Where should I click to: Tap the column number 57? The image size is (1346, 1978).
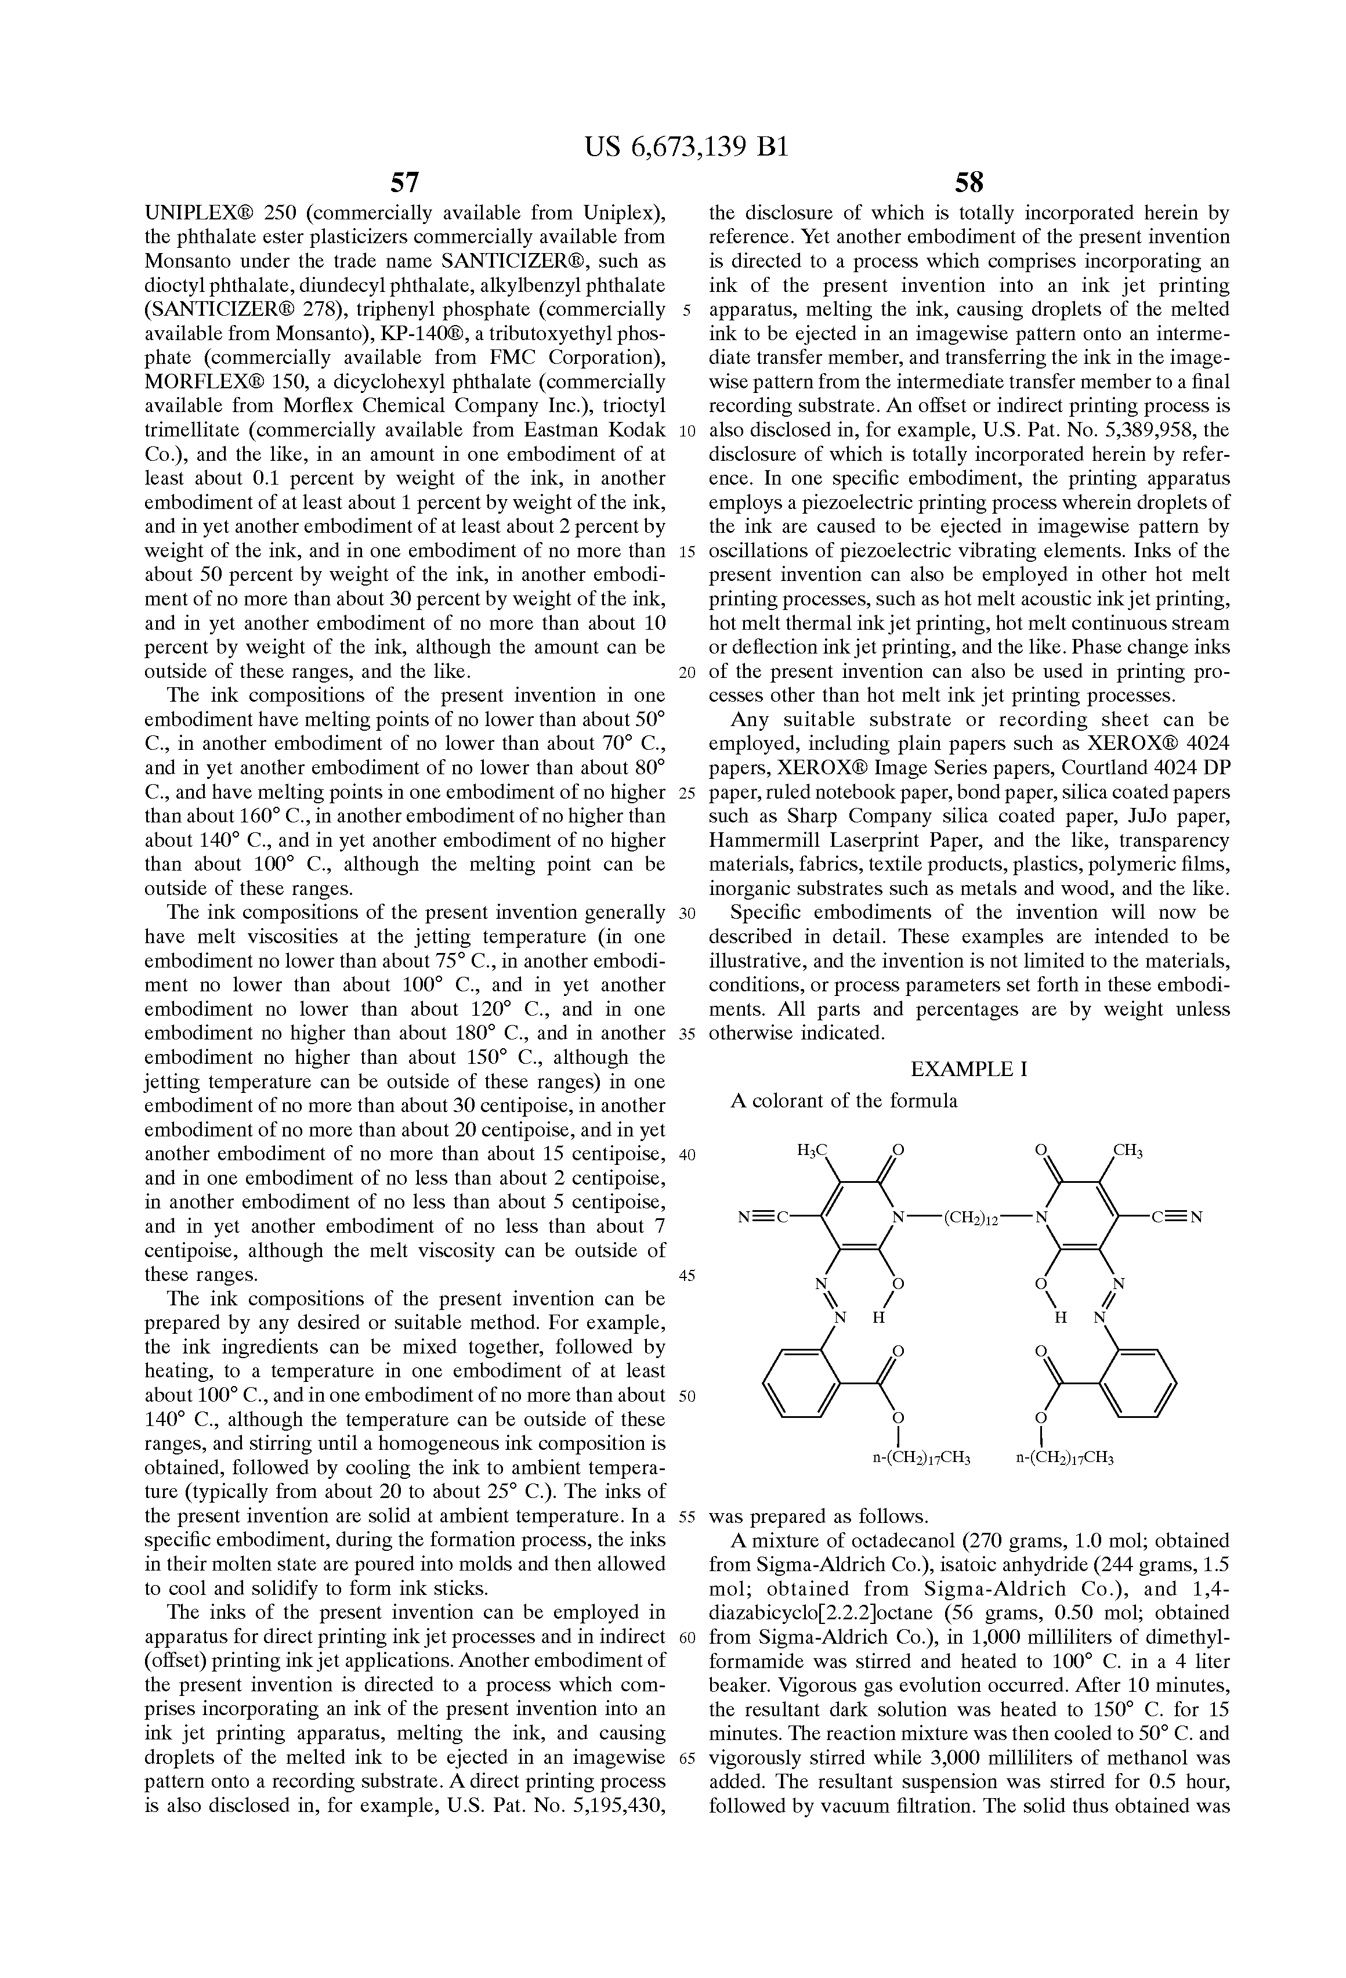click(404, 182)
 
